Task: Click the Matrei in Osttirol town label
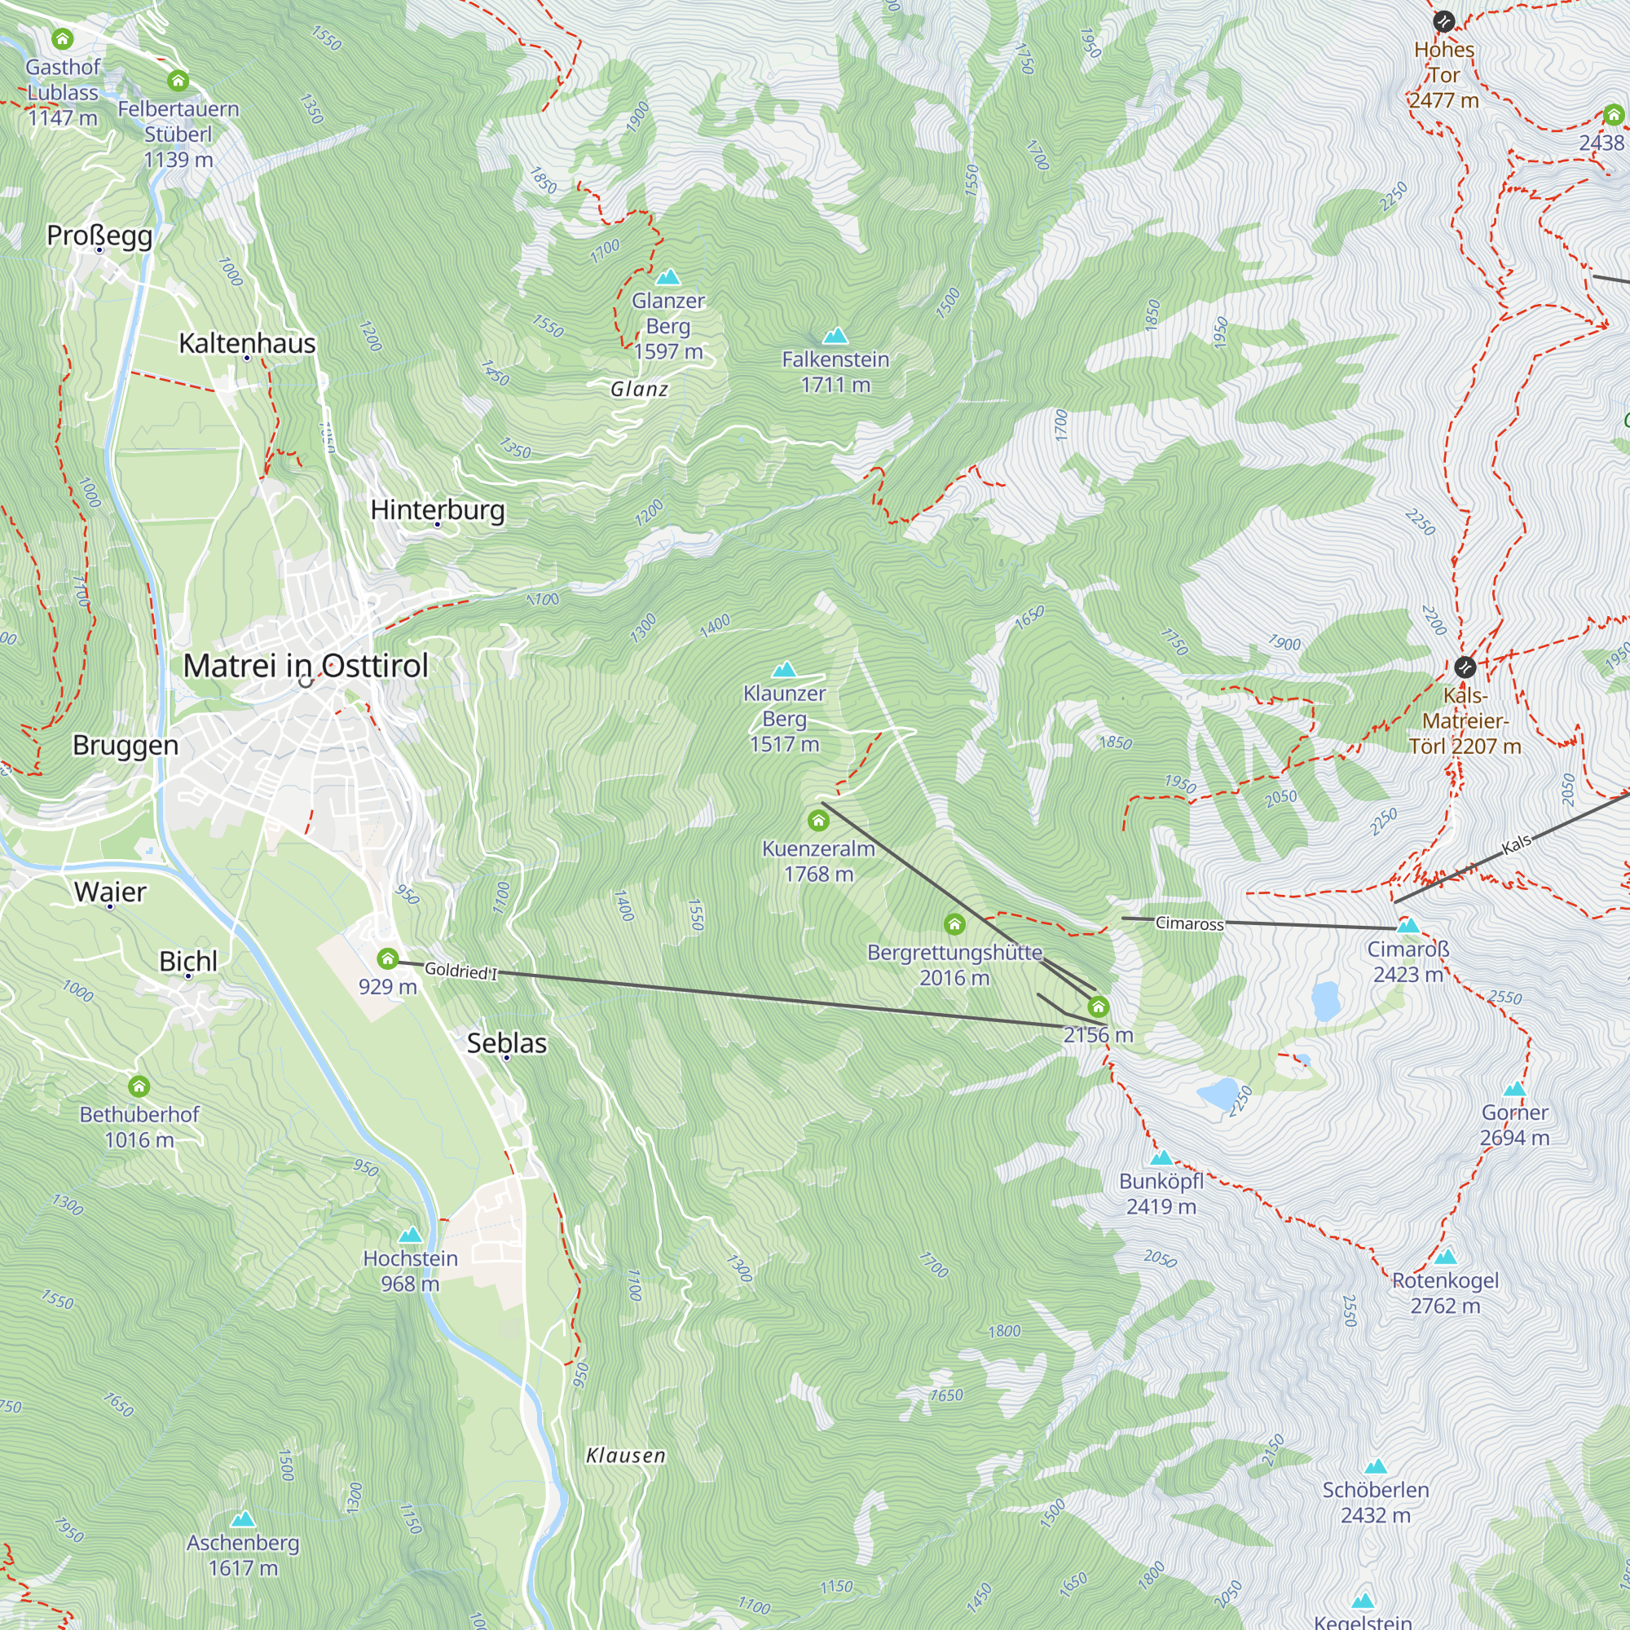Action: [x=306, y=666]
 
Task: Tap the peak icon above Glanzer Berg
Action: [x=668, y=277]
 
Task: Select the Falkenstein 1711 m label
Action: [x=835, y=372]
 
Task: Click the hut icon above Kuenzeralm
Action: [x=817, y=820]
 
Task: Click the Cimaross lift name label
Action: [x=1189, y=923]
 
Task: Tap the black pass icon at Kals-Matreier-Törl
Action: [x=1465, y=667]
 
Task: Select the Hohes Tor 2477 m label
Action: [x=1444, y=75]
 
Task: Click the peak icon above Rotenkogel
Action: [x=1445, y=1257]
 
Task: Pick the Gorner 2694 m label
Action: [x=1514, y=1125]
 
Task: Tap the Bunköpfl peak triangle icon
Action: [x=1161, y=1157]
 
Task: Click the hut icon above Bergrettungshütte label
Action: [x=954, y=925]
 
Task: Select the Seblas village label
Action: [x=506, y=1043]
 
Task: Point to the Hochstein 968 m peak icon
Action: [x=410, y=1236]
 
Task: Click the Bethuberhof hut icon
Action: [x=139, y=1086]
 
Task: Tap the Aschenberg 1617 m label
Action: [x=243, y=1555]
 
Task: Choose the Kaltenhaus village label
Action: [x=247, y=343]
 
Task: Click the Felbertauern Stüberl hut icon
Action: [x=177, y=81]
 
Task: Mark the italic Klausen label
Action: [x=626, y=1456]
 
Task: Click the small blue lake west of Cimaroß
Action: [x=1325, y=1001]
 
